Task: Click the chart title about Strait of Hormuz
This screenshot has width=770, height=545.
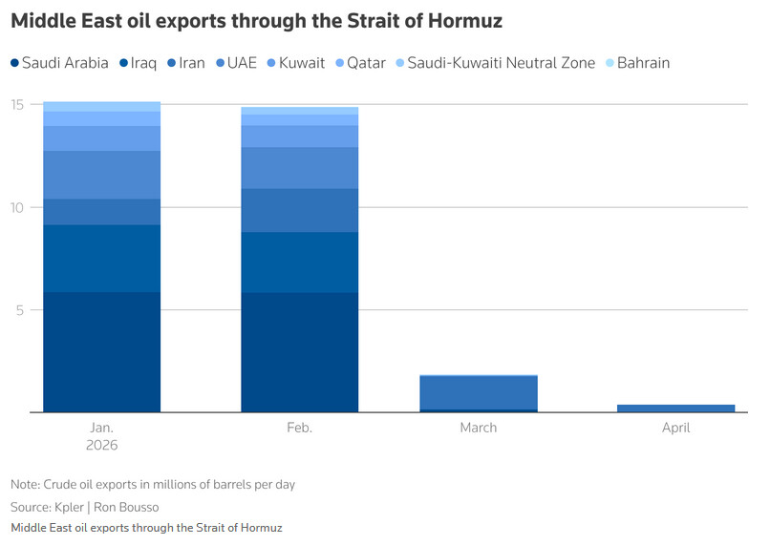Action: click(256, 20)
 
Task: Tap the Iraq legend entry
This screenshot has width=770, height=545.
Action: click(139, 63)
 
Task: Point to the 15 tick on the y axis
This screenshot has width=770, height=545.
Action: click(19, 105)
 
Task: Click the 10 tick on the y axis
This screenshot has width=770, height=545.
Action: click(19, 207)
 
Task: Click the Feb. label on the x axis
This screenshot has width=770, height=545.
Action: click(299, 428)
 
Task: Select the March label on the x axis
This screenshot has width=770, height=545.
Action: click(478, 428)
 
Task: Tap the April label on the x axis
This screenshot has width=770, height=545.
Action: click(675, 428)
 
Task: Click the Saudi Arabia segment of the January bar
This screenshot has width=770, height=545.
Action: click(101, 351)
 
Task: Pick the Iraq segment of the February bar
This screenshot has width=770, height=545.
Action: click(299, 262)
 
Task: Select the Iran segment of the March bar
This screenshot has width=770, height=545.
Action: click(478, 392)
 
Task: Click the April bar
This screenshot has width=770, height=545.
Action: click(675, 409)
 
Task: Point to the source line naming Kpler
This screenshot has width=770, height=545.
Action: click(83, 507)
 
